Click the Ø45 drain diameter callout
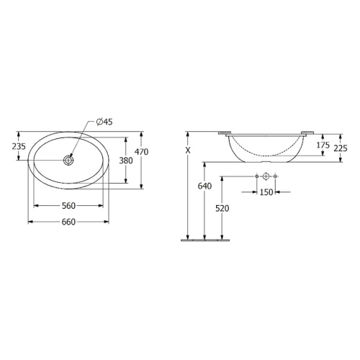pyautogui.click(x=104, y=122)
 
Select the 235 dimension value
pyautogui.click(x=19, y=146)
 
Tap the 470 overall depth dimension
pyautogui.click(x=141, y=152)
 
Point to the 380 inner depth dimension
pyautogui.click(x=126, y=161)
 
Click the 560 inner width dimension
pyautogui.click(x=68, y=206)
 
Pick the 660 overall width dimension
pyautogui.click(x=68, y=222)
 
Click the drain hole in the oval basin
pyautogui.click(x=68, y=160)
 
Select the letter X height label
pyautogui.click(x=188, y=150)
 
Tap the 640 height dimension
pyautogui.click(x=204, y=186)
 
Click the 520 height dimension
pyautogui.click(x=222, y=208)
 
